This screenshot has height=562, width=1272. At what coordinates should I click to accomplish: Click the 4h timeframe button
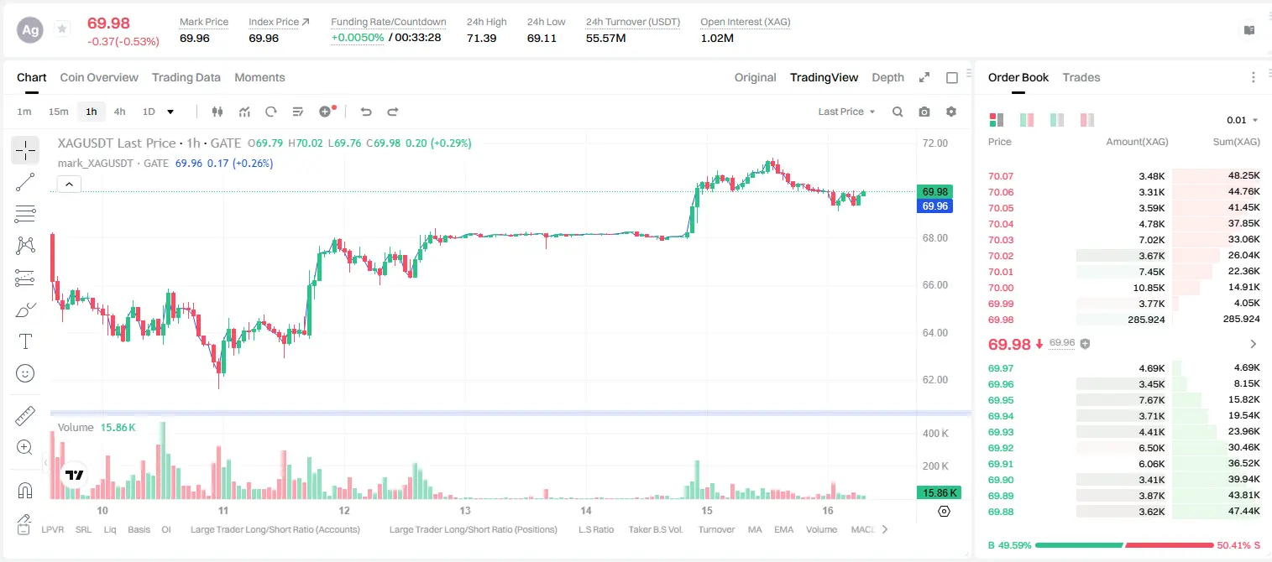[119, 112]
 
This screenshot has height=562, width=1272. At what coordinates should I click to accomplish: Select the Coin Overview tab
[99, 77]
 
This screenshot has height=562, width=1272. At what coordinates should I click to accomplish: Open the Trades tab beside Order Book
[1081, 77]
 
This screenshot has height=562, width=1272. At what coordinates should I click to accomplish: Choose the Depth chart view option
[887, 77]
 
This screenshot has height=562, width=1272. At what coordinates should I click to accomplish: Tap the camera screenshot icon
[924, 112]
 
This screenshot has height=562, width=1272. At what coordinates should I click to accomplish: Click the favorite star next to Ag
[62, 29]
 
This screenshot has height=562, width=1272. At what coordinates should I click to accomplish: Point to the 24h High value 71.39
[482, 38]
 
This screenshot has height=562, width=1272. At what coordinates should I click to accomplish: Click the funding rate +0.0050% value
[357, 38]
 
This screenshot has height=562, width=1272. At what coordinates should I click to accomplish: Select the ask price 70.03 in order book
[1001, 240]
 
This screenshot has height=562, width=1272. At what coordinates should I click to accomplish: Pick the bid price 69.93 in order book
[1001, 432]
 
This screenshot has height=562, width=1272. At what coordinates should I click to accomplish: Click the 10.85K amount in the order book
[1149, 288]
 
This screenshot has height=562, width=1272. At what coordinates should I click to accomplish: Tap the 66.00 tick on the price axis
[935, 284]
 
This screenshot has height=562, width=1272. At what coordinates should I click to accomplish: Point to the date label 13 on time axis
[465, 510]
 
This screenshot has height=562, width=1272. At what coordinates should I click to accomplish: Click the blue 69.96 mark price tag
[934, 206]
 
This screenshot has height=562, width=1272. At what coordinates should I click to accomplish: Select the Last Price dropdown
[846, 112]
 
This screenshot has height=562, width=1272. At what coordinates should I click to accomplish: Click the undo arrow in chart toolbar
[366, 112]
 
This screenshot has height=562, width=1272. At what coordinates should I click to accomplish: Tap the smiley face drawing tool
[25, 373]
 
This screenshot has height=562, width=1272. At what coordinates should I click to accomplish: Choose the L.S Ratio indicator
[596, 529]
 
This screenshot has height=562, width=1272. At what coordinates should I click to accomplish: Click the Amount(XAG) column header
[1137, 142]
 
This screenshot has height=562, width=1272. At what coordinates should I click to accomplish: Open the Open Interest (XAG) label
[745, 22]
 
